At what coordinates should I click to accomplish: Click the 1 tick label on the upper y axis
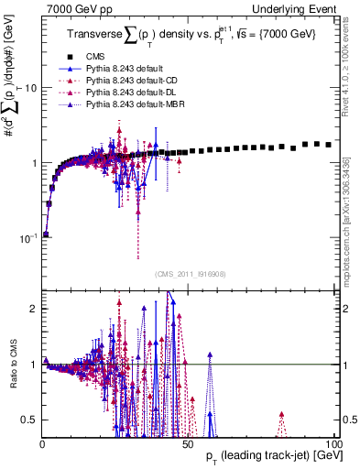coord(33,163)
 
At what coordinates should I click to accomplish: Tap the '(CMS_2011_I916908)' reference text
coord(188,274)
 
